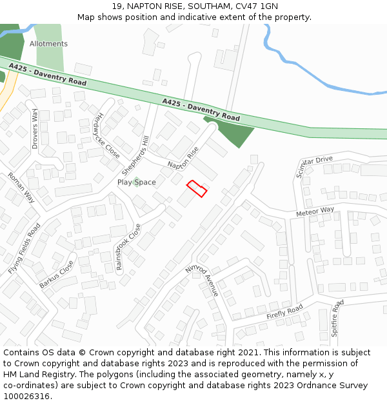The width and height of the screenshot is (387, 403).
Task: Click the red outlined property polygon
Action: [x=197, y=189]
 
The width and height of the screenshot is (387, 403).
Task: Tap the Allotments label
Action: [x=48, y=44]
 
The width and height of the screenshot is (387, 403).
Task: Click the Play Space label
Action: [x=136, y=182]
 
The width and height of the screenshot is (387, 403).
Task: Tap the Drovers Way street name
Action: [x=35, y=129]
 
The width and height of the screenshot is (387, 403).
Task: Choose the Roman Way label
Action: [x=21, y=188]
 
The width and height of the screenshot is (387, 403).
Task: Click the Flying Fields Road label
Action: [x=25, y=248]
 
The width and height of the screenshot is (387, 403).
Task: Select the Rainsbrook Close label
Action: [x=128, y=247]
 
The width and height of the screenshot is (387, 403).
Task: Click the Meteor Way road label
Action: [x=315, y=211]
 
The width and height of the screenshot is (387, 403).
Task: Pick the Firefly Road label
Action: [x=284, y=313]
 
